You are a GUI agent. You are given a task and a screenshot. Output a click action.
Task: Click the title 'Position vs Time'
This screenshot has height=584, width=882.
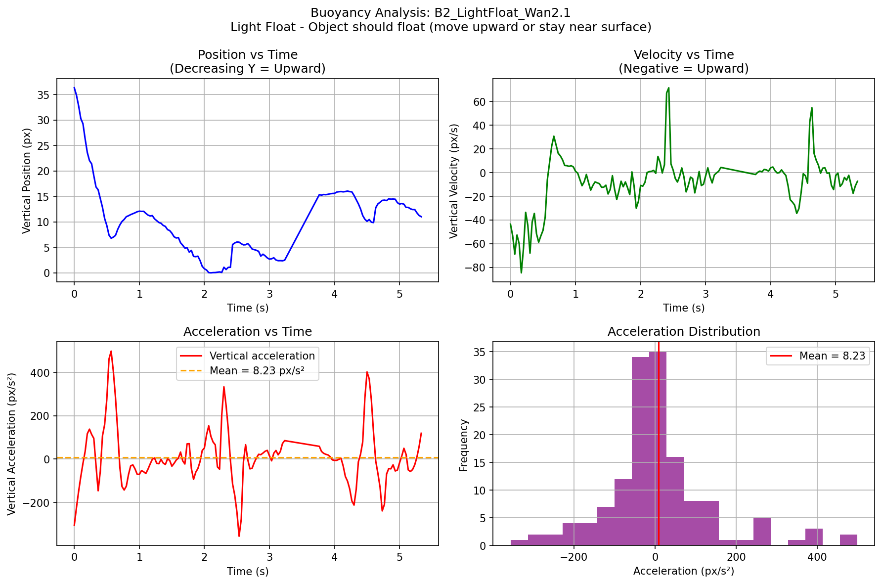click(248, 55)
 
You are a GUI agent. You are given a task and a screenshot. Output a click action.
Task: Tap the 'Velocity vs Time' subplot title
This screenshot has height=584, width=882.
click(684, 55)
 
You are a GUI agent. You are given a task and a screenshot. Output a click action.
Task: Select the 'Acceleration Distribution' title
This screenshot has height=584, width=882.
click(684, 332)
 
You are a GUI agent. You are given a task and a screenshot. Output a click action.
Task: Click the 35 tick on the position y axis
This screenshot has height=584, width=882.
click(44, 95)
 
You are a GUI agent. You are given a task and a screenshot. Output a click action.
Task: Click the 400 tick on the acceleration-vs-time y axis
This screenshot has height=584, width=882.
click(43, 372)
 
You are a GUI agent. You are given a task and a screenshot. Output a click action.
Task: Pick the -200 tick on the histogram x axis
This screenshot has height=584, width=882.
click(573, 557)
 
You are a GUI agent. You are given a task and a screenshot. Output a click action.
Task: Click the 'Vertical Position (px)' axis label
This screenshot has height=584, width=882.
click(27, 180)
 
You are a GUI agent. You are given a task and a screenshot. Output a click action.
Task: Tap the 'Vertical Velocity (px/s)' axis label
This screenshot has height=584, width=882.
click(454, 181)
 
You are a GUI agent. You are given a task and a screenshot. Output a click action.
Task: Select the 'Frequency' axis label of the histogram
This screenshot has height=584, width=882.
click(464, 445)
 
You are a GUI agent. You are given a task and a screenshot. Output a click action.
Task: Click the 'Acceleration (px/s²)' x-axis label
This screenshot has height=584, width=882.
click(684, 571)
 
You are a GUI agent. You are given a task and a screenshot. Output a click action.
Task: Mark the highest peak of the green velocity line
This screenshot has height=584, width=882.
click(668, 88)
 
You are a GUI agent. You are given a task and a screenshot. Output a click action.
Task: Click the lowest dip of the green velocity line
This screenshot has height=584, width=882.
click(521, 272)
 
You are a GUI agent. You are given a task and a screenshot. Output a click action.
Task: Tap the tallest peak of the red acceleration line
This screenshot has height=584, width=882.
click(111, 351)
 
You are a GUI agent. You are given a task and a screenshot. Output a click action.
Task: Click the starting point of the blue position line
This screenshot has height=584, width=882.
click(74, 88)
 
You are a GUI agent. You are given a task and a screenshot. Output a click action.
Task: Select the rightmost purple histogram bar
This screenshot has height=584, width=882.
click(848, 540)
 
